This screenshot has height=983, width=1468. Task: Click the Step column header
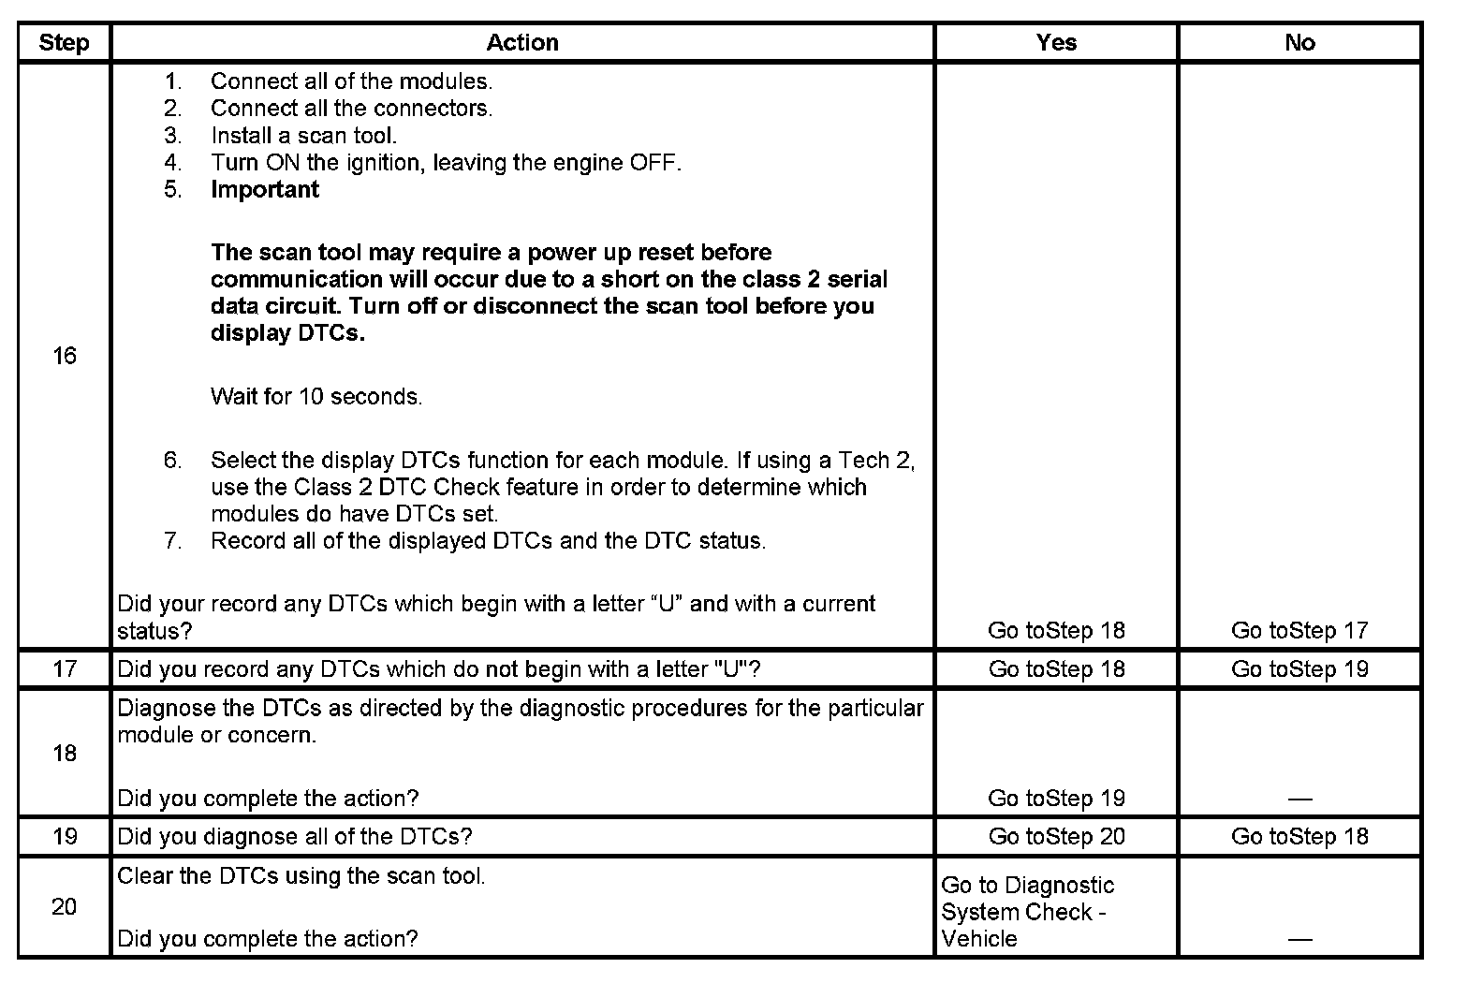[64, 42]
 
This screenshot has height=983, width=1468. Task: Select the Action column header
[522, 42]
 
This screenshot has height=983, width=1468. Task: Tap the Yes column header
[1056, 42]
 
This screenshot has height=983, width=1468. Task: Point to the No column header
[1299, 42]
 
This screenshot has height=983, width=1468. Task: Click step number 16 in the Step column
[64, 356]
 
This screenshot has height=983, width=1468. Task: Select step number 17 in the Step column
[64, 669]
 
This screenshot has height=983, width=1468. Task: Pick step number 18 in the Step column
[64, 753]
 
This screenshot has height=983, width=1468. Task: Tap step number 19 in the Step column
[64, 836]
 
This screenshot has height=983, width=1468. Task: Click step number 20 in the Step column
[64, 906]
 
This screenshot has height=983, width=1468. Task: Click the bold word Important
[265, 189]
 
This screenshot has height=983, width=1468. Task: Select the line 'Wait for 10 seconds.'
[316, 397]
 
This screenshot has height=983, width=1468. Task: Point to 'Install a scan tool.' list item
[303, 136]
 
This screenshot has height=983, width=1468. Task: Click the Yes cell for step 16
[1056, 631]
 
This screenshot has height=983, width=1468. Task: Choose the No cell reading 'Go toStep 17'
[1299, 631]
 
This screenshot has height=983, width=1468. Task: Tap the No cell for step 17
[1299, 669]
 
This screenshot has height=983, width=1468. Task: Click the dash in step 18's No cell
[1299, 799]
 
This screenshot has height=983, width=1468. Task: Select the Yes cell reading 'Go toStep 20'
[1056, 836]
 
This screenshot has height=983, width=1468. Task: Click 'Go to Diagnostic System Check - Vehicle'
[1027, 912]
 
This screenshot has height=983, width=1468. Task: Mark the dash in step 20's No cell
[1299, 939]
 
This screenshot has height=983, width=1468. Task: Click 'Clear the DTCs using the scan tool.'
[301, 876]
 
